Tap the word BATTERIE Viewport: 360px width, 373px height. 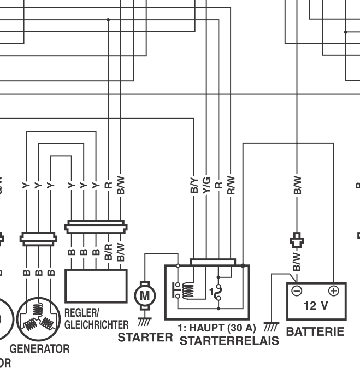point(315,331)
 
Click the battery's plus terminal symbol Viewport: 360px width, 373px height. point(333,291)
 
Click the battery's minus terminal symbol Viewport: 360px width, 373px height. point(296,291)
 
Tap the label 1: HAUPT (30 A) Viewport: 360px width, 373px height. point(217,328)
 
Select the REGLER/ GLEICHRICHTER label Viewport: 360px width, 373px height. point(96,318)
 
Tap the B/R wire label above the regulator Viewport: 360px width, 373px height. point(109,252)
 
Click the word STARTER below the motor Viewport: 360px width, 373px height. point(145,338)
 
